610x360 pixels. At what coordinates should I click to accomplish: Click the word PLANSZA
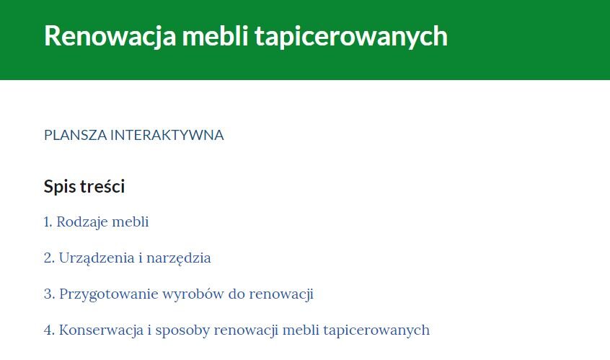pyautogui.click(x=74, y=135)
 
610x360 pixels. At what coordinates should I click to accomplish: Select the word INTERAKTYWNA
pyautogui.click(x=167, y=135)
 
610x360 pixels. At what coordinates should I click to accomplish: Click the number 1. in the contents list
pyautogui.click(x=48, y=222)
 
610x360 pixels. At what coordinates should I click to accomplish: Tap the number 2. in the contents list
pyautogui.click(x=49, y=258)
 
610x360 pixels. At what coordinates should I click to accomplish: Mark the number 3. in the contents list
pyautogui.click(x=49, y=294)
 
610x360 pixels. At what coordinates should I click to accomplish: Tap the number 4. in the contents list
pyautogui.click(x=49, y=330)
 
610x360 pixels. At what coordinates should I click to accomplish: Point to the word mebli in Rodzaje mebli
pyautogui.click(x=131, y=222)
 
